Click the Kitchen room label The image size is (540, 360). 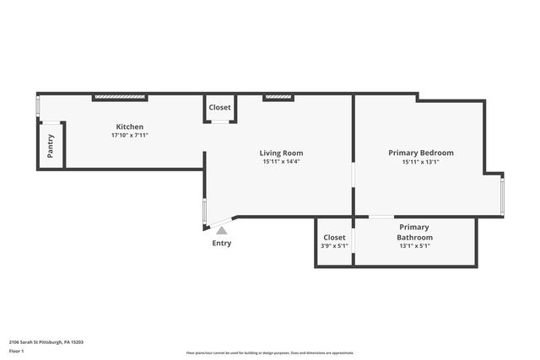(129, 126)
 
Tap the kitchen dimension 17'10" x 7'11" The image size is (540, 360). (129, 135)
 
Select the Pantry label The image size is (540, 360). (51, 147)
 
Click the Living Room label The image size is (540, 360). (281, 153)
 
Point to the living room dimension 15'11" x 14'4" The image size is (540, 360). (281, 161)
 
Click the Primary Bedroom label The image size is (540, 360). (420, 153)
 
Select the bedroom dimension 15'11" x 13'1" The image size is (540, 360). (420, 161)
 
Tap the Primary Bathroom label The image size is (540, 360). (414, 232)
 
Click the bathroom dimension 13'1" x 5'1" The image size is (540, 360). (414, 248)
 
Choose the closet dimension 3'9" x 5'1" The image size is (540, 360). (334, 247)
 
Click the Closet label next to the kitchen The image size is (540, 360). (220, 107)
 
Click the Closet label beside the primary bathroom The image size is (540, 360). (334, 237)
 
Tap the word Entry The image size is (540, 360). (221, 244)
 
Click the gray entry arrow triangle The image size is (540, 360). (221, 230)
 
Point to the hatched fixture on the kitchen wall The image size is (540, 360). (119, 98)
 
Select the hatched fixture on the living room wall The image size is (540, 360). (278, 98)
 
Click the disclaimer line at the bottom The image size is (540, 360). (270, 353)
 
